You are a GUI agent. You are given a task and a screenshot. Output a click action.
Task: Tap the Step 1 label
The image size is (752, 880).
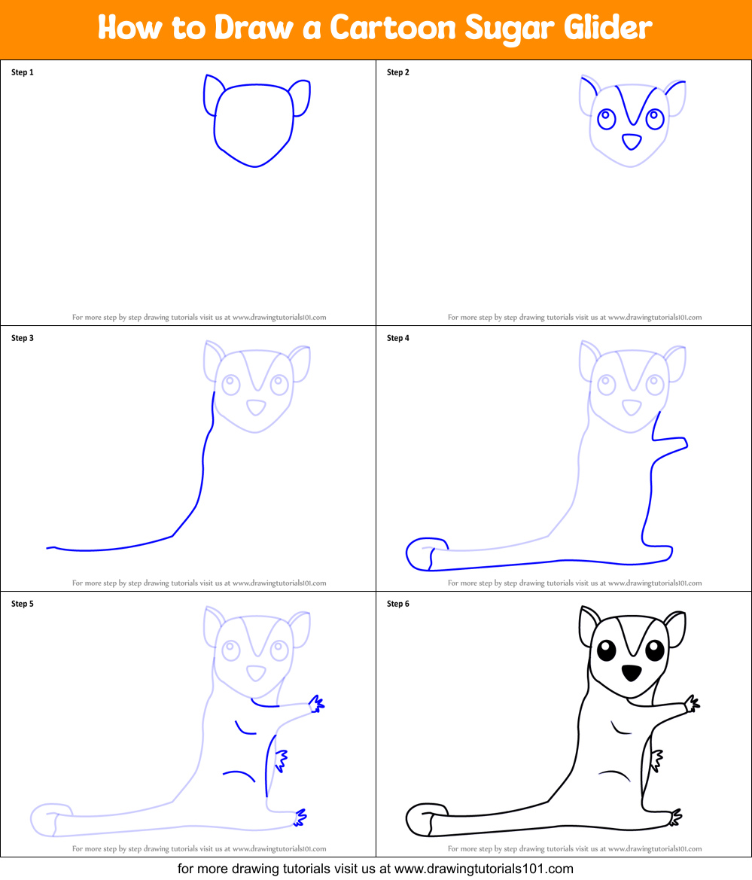(x=23, y=73)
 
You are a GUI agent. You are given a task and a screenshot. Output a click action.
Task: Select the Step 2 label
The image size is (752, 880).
(x=398, y=73)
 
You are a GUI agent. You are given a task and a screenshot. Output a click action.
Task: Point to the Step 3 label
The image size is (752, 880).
(x=23, y=339)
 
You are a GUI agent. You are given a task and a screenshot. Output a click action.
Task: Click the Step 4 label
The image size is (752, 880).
(x=398, y=339)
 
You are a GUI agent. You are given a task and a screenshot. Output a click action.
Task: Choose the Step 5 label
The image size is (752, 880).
(x=23, y=604)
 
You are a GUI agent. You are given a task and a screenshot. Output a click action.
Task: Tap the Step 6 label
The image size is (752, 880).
(x=398, y=604)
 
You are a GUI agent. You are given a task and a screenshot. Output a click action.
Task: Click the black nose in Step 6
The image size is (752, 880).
(x=631, y=672)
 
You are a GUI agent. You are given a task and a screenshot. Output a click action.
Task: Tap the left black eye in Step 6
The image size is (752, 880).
(x=606, y=650)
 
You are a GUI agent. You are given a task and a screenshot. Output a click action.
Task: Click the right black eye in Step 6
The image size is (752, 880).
(x=654, y=648)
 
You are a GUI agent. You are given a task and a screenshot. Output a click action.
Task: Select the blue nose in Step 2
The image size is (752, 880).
(x=631, y=141)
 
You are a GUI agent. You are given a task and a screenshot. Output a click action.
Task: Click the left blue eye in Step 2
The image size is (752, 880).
(x=606, y=118)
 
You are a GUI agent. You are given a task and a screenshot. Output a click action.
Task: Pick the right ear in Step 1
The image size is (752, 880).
(x=300, y=98)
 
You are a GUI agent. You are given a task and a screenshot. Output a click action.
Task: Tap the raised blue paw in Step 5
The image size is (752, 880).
(x=317, y=704)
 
